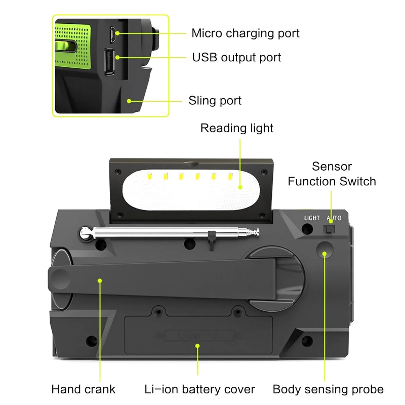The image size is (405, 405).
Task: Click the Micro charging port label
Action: pyautogui.click(x=245, y=33)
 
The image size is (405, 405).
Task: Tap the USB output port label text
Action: pyautogui.click(x=236, y=57)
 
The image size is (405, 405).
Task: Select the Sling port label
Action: pyautogui.click(x=215, y=100)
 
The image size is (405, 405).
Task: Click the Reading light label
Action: pyautogui.click(x=236, y=128)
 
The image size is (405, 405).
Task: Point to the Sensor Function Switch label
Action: pyautogui.click(x=332, y=174)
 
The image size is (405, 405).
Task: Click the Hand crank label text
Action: pyautogui.click(x=83, y=389)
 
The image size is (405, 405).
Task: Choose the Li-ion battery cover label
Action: pyautogui.click(x=199, y=389)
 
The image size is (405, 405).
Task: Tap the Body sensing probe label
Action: pyautogui.click(x=328, y=389)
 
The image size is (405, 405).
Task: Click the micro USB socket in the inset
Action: pyautogui.click(x=111, y=34)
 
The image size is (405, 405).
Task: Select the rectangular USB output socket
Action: pyautogui.click(x=109, y=62)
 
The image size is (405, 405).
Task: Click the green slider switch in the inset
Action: pyautogui.click(x=65, y=48)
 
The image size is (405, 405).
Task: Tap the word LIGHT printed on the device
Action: pyautogui.click(x=312, y=218)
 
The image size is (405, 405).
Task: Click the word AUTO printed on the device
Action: pyautogui.click(x=334, y=218)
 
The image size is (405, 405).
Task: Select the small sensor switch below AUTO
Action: pyautogui.click(x=329, y=229)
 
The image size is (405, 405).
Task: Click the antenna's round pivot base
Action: pyautogui.click(x=87, y=233)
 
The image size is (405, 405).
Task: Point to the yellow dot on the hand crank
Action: pyautogui.click(x=100, y=279)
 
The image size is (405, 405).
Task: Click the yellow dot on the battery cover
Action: pyautogui.click(x=197, y=346)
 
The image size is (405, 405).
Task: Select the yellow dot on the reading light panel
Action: pyautogui.click(x=240, y=187)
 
